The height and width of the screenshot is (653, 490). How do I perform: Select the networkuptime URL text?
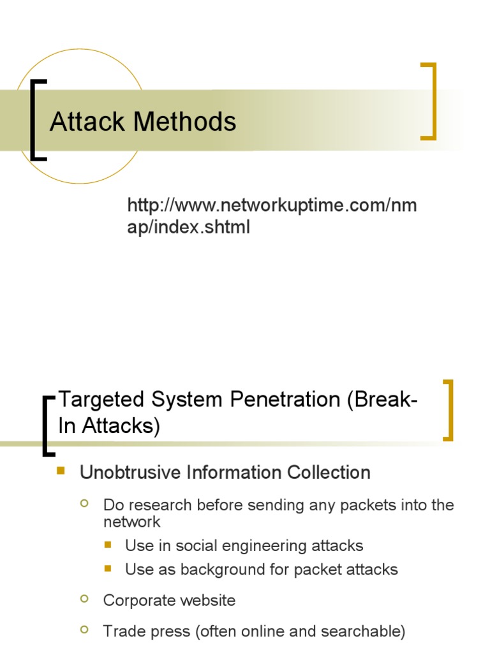[x=272, y=216]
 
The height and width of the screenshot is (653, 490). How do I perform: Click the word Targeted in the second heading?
[x=101, y=400]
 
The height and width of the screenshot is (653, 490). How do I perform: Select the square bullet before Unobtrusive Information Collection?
[x=62, y=471]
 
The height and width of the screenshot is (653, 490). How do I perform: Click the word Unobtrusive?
[x=130, y=473]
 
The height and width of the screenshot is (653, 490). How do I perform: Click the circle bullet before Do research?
[x=84, y=504]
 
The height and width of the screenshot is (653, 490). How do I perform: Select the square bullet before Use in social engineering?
[x=107, y=545]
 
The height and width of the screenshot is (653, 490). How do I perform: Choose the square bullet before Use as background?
[x=107, y=568]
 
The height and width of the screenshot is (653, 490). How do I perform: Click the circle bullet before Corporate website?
[x=84, y=599]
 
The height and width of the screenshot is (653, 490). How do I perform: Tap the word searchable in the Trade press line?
[x=366, y=631]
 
